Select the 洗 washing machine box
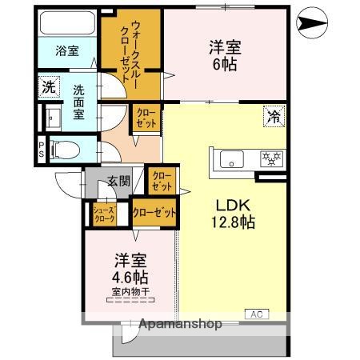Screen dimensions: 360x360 (49, 86)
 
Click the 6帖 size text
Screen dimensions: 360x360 (225, 65)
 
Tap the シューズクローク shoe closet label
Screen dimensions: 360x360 (106, 214)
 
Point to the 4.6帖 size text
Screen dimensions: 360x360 (129, 277)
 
